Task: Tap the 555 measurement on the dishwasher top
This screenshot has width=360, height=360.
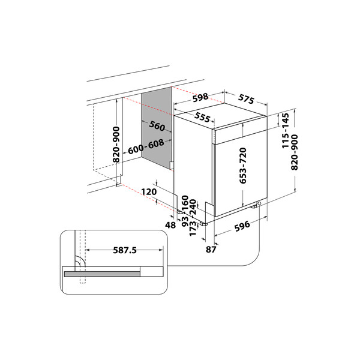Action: (x=203, y=118)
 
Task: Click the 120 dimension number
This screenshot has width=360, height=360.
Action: (x=149, y=191)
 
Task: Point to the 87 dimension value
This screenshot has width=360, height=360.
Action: (x=211, y=249)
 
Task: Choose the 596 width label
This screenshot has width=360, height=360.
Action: (x=242, y=227)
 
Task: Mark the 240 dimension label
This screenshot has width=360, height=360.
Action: (x=193, y=206)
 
